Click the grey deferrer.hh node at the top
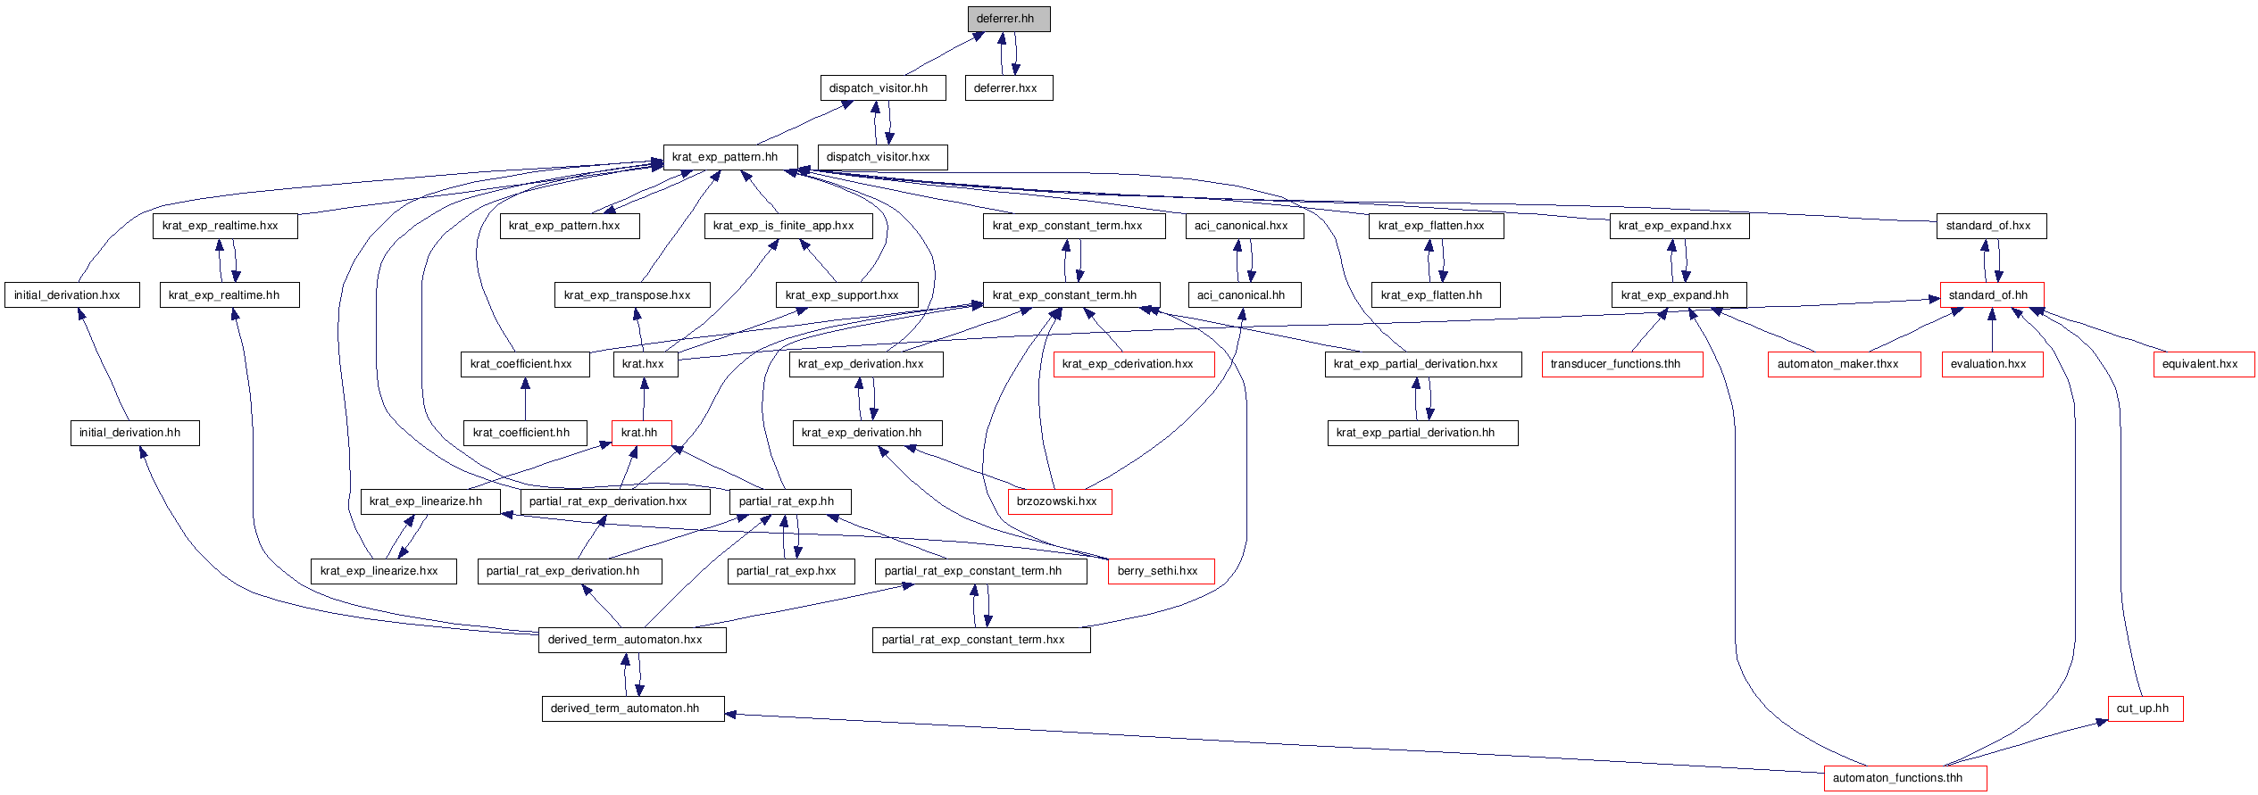[1008, 19]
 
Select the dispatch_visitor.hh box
[882, 88]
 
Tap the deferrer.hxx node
[1009, 88]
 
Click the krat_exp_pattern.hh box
[729, 157]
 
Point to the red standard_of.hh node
[1991, 295]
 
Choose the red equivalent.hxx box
[2204, 364]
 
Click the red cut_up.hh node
[2146, 708]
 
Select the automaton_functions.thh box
[1905, 778]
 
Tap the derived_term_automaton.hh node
[633, 708]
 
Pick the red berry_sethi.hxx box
[1161, 571]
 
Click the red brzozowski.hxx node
[1060, 501]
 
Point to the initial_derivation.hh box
[135, 433]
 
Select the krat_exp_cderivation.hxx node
[1134, 364]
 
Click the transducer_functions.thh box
[1621, 364]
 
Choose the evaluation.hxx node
[1992, 364]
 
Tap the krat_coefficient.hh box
[525, 433]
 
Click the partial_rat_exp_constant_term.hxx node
[980, 640]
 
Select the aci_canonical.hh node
[1245, 295]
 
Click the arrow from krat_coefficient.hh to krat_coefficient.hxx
[525, 399]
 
